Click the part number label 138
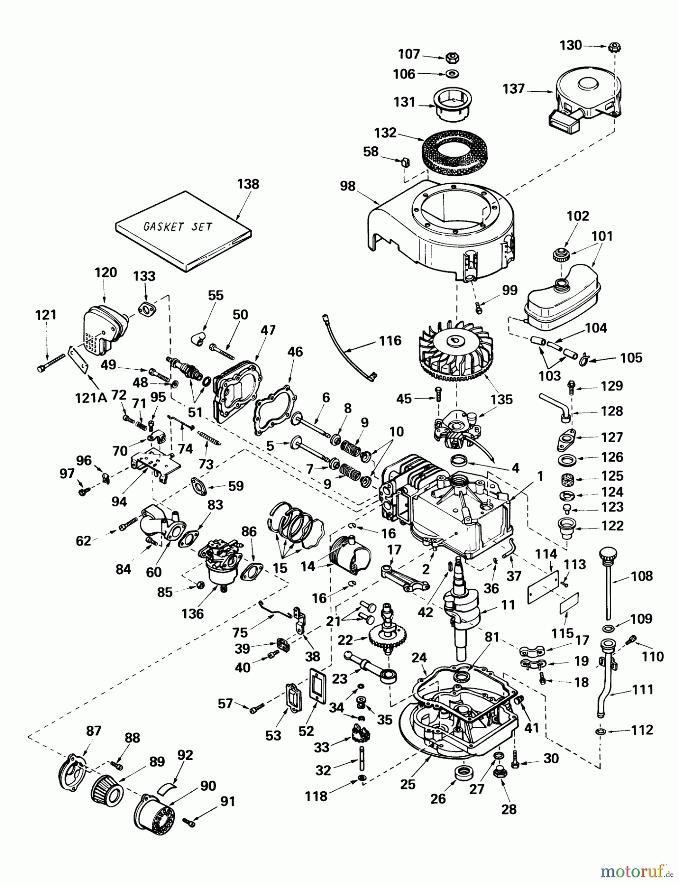click(248, 184)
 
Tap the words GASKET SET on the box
click(177, 226)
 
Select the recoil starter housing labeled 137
click(585, 99)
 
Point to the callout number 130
click(570, 45)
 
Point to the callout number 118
click(316, 796)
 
